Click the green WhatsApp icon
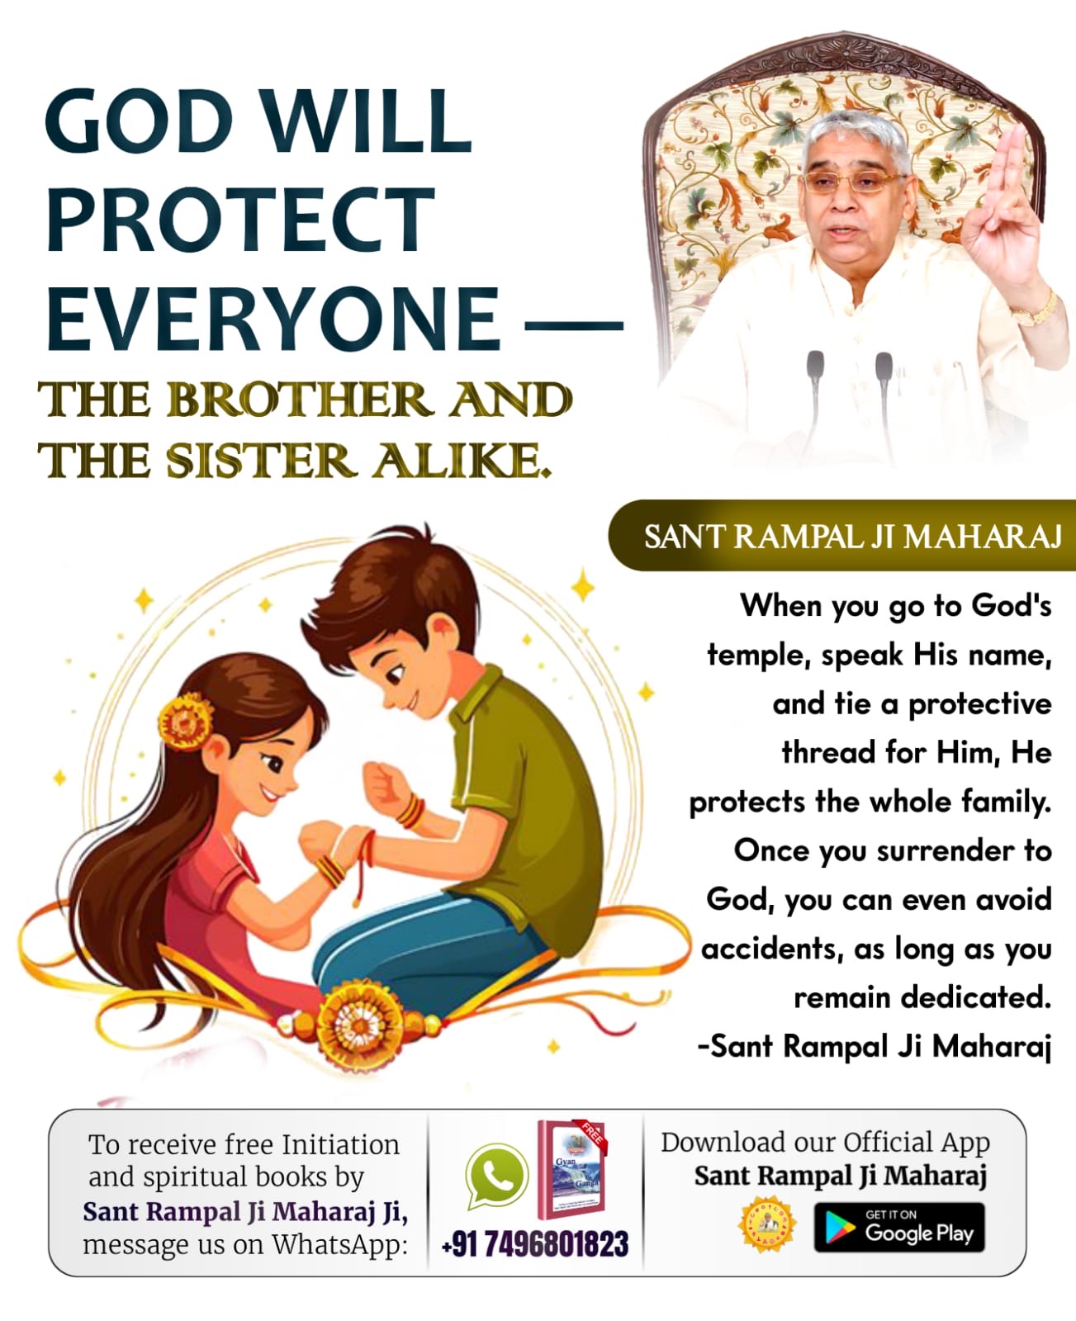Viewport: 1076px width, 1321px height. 496,1176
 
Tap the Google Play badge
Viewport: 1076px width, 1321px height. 898,1227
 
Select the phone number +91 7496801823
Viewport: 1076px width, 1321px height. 534,1243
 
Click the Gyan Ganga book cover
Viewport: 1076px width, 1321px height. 571,1170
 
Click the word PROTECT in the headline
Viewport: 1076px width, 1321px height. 240,220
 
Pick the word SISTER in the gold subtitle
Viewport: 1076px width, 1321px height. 261,462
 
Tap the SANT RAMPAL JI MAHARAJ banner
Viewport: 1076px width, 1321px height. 842,535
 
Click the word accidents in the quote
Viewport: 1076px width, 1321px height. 771,949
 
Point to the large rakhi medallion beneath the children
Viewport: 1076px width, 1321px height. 359,1024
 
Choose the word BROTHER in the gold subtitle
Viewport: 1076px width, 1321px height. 300,400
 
